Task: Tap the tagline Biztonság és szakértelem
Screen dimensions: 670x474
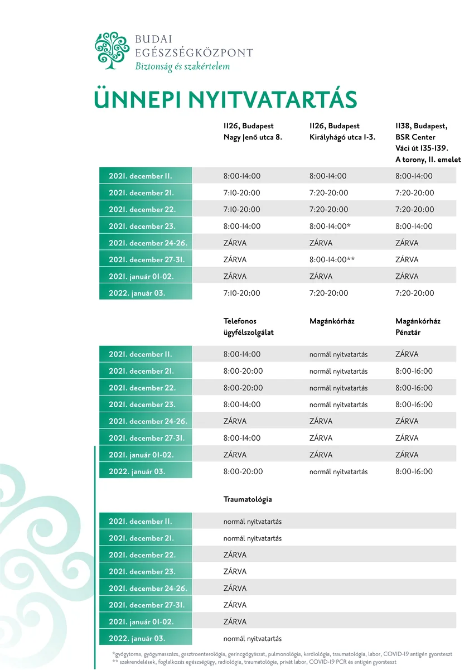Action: [x=182, y=66]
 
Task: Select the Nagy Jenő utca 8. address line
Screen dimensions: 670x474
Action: [x=253, y=137]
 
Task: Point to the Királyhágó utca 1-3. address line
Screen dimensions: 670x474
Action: [x=342, y=137]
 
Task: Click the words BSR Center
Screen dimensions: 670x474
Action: [x=415, y=137]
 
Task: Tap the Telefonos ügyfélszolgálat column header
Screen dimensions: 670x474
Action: [x=248, y=327]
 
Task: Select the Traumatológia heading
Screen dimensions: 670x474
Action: [x=248, y=500]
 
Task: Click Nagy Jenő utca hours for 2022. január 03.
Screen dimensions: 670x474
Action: [x=242, y=293]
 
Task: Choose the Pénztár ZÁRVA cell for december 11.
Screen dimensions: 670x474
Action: [x=407, y=355]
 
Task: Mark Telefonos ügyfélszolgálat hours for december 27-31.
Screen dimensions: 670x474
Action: [x=242, y=438]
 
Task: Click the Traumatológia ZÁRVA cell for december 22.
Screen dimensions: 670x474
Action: [x=235, y=556]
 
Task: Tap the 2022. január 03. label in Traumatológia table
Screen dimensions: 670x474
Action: [x=137, y=639]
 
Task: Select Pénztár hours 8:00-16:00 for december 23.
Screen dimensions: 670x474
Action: [x=414, y=405]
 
